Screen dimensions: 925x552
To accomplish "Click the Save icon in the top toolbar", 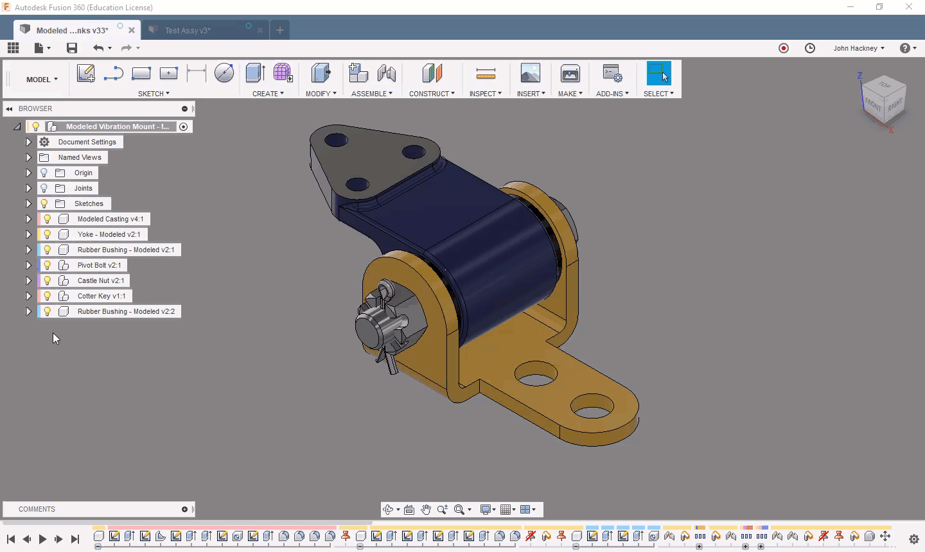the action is [72, 48].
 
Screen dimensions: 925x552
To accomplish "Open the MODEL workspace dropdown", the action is [42, 79].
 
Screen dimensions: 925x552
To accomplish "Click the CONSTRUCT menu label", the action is [432, 94].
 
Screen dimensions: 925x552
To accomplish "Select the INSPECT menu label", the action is [485, 94].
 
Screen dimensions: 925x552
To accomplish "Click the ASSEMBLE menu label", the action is [372, 94].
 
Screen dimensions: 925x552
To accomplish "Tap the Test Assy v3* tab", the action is [188, 31].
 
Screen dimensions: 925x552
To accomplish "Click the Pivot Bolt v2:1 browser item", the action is [99, 265].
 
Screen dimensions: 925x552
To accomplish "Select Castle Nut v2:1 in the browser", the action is [101, 280].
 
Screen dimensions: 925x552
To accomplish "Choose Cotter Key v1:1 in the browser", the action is [101, 296].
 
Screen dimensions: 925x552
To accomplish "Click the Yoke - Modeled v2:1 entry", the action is [109, 234].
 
